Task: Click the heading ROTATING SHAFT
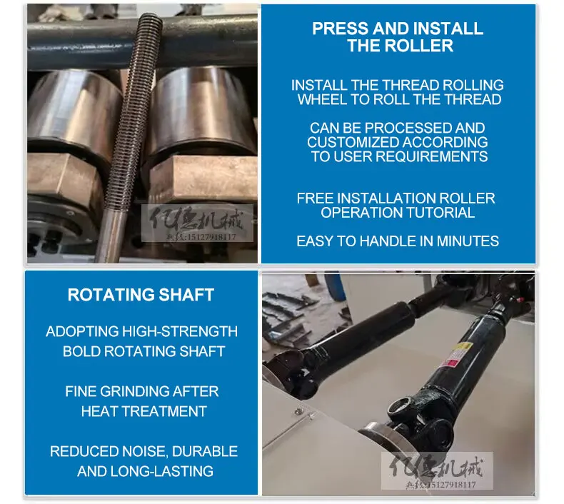click(141, 295)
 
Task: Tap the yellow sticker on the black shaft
click(463, 348)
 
